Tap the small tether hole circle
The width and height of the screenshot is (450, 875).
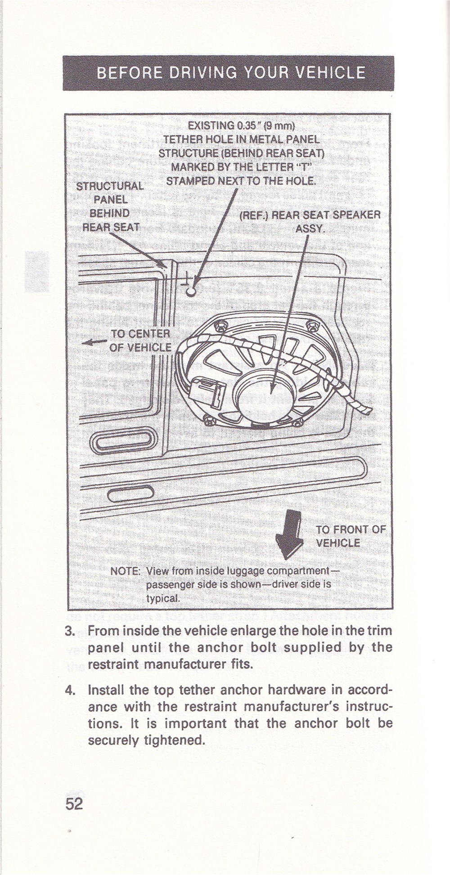(191, 292)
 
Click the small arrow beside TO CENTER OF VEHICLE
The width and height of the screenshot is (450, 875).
(94, 342)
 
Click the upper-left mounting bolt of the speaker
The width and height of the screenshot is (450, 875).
(220, 326)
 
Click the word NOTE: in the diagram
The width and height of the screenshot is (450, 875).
(126, 571)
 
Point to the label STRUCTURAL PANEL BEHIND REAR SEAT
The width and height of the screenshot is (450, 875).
(110, 206)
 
